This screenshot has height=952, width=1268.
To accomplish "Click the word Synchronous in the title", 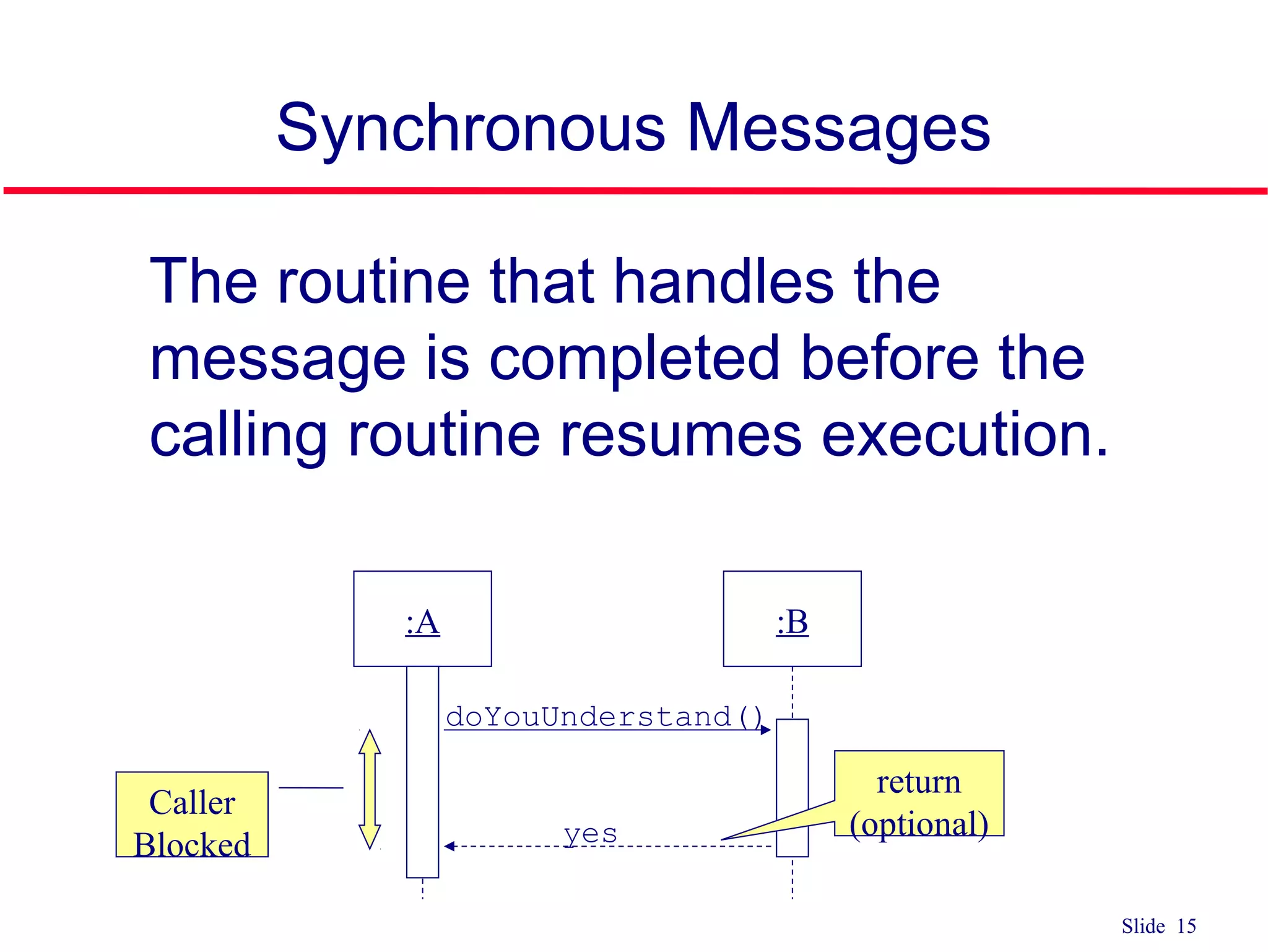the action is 471,128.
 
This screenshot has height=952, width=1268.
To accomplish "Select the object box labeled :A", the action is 422,619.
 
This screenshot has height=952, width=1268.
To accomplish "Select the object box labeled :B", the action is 792,619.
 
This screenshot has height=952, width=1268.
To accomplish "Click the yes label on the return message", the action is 590,833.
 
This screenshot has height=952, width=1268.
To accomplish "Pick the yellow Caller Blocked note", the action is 192,814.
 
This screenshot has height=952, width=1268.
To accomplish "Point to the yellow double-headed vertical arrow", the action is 370,789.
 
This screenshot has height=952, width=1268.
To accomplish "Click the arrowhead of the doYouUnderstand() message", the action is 766,730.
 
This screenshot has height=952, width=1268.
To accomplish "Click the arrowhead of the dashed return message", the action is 449,846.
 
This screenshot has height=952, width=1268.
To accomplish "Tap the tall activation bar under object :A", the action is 422,772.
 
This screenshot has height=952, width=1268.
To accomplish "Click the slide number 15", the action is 1186,926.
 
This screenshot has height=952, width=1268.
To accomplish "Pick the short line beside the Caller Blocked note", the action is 311,788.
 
